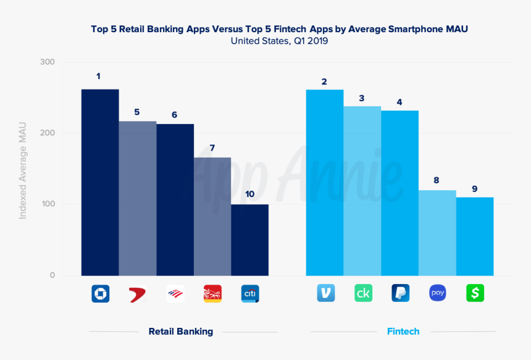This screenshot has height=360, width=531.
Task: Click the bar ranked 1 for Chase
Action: pos(100,182)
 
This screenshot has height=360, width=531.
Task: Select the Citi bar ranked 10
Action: pos(249,240)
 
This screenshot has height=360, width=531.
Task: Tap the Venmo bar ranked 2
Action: pos(325,182)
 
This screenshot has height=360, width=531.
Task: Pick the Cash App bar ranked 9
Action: pos(475,236)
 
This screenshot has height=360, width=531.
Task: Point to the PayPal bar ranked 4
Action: pos(399,193)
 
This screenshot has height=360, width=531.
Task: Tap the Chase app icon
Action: pos(100,293)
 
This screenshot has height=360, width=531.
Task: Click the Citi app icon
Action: pos(249,293)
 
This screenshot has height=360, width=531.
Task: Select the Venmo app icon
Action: pos(325,293)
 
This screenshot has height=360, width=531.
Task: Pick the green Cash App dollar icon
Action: pos(475,293)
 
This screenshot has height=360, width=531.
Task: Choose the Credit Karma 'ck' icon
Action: pos(363,293)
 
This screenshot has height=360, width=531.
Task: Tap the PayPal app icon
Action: pos(400,293)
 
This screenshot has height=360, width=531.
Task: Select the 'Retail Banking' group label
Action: pos(180,332)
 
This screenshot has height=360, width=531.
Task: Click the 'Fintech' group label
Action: pos(403,332)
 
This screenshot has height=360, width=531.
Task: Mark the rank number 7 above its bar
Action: pos(212,148)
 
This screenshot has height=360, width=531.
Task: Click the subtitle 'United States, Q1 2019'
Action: pos(279,41)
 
